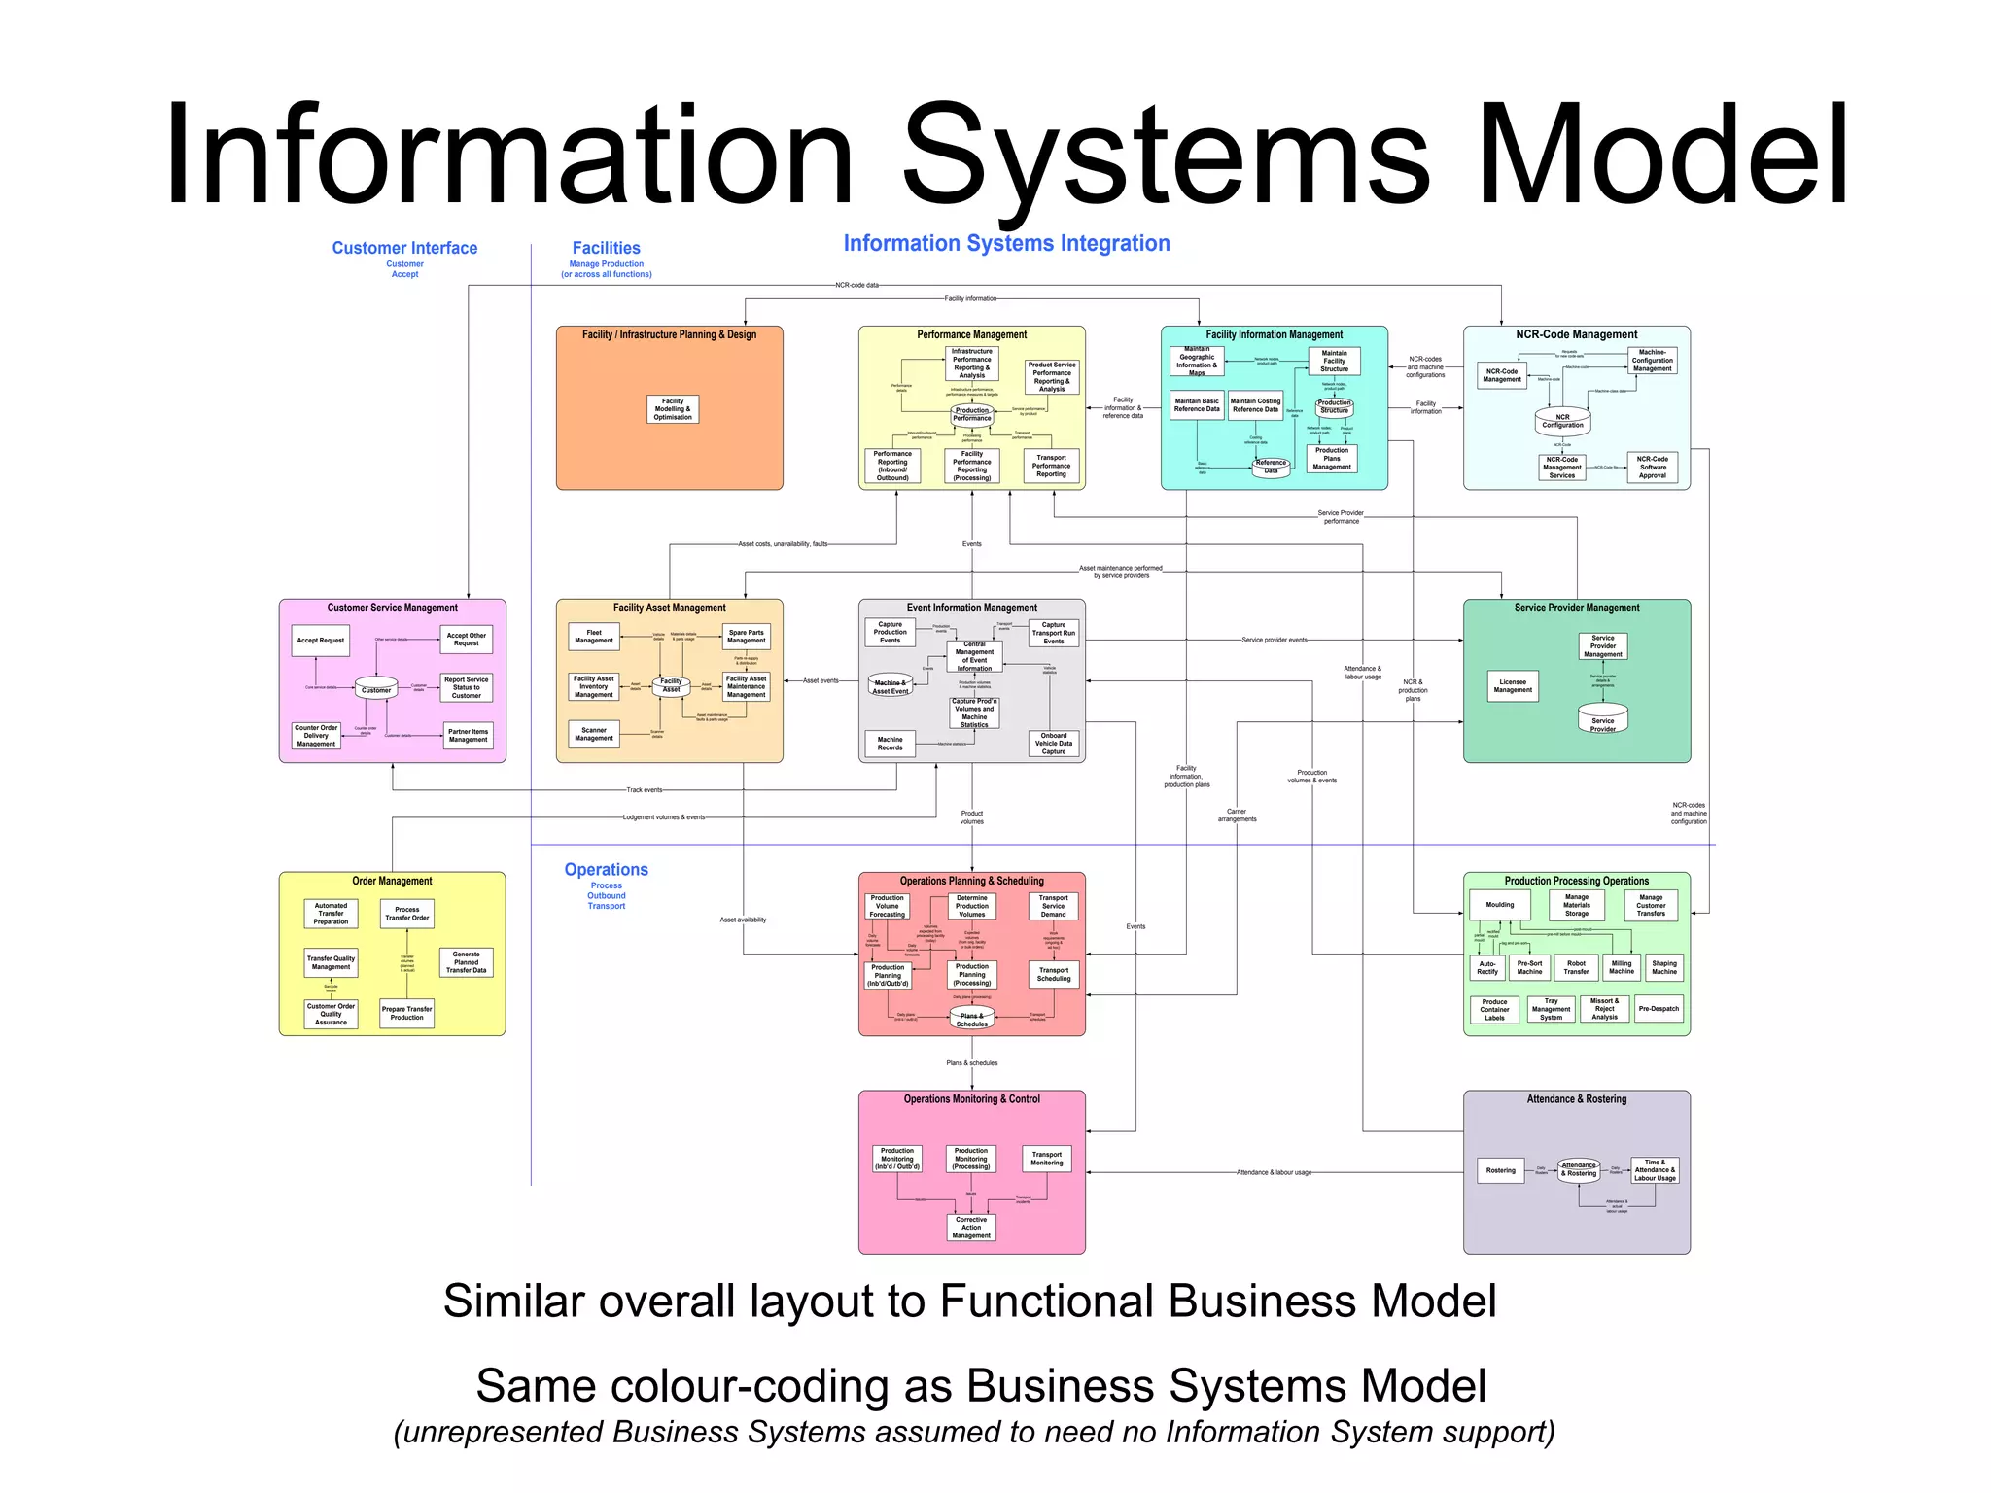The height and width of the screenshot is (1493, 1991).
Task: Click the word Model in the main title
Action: tap(1662, 156)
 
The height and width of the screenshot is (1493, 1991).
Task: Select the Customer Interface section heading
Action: tap(404, 248)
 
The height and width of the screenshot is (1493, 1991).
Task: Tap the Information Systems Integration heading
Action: tap(1006, 243)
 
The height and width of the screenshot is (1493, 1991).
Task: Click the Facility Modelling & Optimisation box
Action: tap(673, 409)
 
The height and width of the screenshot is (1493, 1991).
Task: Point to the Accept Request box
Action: tap(320, 641)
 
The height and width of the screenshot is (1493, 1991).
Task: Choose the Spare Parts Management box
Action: tap(746, 637)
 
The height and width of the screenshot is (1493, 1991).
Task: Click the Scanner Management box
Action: tap(593, 734)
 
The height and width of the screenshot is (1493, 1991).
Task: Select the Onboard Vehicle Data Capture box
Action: tap(1053, 744)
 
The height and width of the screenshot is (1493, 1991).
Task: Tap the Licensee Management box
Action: tap(1512, 686)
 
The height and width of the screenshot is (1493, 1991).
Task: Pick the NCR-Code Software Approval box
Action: tap(1652, 468)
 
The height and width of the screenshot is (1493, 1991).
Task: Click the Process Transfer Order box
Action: tap(406, 914)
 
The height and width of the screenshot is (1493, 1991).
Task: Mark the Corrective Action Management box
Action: tap(970, 1228)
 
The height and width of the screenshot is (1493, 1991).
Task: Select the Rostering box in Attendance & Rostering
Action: tap(1500, 1170)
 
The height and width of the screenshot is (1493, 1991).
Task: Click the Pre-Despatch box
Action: tap(1658, 1009)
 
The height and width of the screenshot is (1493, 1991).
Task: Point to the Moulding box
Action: tap(1499, 905)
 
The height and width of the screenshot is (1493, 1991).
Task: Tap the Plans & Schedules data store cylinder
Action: tap(971, 1019)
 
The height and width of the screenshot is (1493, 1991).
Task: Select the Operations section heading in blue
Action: tap(606, 870)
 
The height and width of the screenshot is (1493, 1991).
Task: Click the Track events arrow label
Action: tap(644, 790)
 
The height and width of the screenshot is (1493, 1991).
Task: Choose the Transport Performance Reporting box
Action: tap(1051, 466)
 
